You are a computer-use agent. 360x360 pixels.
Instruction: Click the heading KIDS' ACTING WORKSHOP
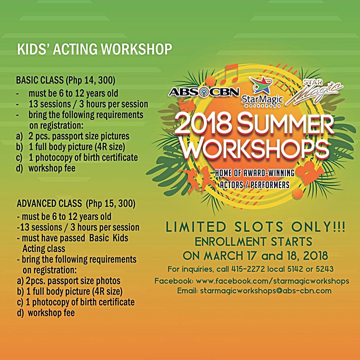pyautogui.click(x=94, y=49)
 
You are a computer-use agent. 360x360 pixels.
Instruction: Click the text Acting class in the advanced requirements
pyautogui.click(x=44, y=249)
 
